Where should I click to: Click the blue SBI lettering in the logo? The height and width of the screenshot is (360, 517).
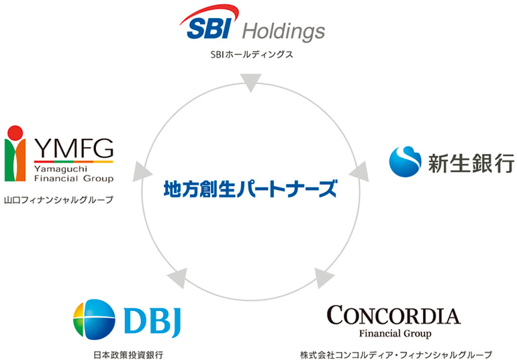pos(209,28)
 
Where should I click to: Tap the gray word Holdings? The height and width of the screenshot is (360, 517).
pos(284,32)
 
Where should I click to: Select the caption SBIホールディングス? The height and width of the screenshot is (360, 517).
pos(252,54)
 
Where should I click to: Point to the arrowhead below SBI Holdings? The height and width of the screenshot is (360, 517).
pos(251,82)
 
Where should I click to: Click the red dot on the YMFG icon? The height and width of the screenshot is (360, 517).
pos(15,132)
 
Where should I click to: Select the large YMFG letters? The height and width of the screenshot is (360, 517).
pos(74,148)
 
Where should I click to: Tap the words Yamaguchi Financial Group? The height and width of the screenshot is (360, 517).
pos(74,174)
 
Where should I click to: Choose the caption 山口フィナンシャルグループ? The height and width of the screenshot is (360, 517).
pos(58,199)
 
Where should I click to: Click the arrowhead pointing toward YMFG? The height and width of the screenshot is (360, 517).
pos(142,171)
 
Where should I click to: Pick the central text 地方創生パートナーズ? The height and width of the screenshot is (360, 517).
pos(250,189)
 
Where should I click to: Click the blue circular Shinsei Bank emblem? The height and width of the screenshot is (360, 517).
pos(405,162)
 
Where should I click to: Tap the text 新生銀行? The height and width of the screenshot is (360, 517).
pos(471,163)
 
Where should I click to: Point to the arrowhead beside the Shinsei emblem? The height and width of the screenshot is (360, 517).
pos(359,171)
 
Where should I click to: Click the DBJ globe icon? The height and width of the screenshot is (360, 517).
pos(94,320)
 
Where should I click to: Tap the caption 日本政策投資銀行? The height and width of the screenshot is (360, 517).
pos(128,355)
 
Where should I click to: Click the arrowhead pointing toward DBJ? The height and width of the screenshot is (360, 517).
pos(178,277)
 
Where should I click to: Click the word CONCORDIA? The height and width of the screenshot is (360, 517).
pos(393,316)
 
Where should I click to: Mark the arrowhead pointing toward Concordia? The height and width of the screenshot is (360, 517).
pos(323,277)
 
